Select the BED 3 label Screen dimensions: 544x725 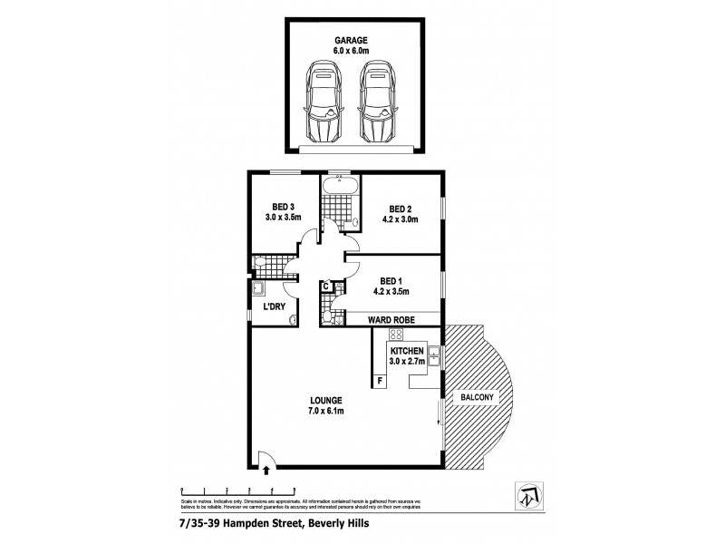[282, 206]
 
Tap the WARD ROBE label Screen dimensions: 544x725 [391, 319]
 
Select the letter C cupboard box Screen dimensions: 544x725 [326, 288]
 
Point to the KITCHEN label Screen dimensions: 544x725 [407, 350]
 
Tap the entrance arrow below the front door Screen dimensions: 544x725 [266, 469]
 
